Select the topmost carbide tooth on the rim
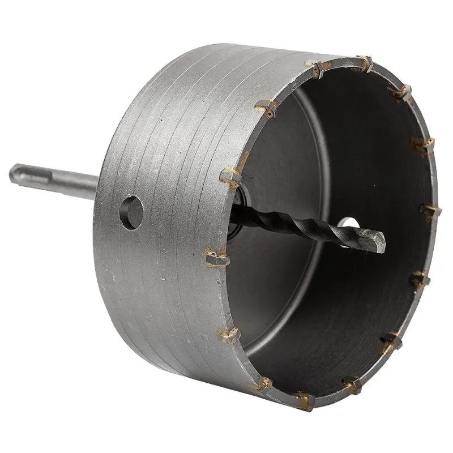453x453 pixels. point(363,63)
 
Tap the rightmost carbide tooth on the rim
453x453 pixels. point(432,211)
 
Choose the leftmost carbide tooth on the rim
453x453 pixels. point(215,258)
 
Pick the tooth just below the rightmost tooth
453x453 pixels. point(421,277)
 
